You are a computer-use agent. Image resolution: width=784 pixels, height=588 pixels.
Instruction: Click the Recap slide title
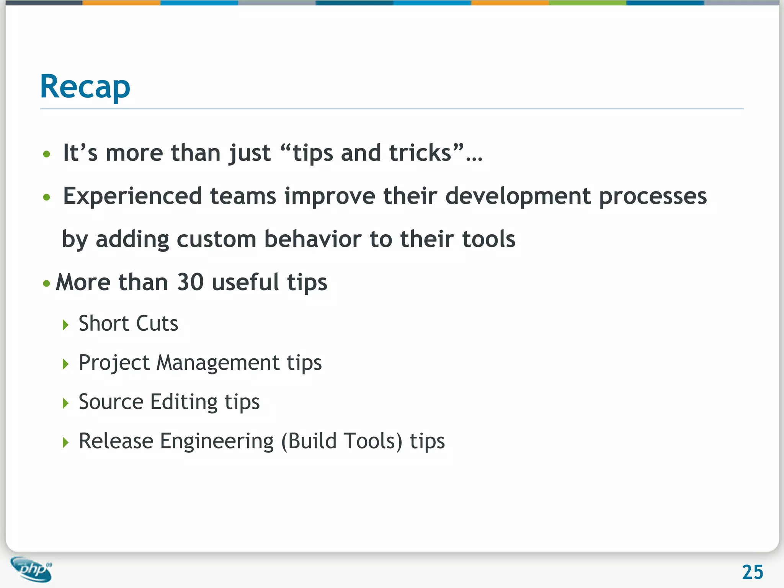(x=85, y=87)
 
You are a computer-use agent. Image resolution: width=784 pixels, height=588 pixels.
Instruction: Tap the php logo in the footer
(x=31, y=569)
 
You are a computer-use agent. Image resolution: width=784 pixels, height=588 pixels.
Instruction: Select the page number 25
(x=752, y=572)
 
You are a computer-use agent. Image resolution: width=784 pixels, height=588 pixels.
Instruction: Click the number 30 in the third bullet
(x=190, y=282)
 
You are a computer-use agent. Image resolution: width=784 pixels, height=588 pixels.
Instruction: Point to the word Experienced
(x=132, y=196)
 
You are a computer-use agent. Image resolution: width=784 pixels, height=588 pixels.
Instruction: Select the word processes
(x=653, y=197)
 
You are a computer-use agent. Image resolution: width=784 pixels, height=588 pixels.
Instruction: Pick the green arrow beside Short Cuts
(x=65, y=325)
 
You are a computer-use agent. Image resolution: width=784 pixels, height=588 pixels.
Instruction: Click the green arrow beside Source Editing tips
(x=65, y=403)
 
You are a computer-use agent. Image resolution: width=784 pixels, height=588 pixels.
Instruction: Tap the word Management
(x=218, y=363)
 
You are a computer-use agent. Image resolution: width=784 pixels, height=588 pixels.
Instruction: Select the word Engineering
(x=217, y=441)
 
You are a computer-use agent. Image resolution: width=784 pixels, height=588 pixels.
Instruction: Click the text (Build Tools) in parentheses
(x=341, y=441)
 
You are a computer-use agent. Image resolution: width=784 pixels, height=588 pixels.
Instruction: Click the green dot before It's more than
(x=47, y=154)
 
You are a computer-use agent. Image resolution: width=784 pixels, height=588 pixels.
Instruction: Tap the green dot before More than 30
(x=47, y=284)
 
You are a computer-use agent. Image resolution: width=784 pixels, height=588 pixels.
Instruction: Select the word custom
(x=216, y=239)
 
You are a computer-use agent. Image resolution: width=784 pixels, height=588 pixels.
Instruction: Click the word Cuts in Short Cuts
(x=157, y=323)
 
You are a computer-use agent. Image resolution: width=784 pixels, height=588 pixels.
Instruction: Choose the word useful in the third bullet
(x=245, y=282)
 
